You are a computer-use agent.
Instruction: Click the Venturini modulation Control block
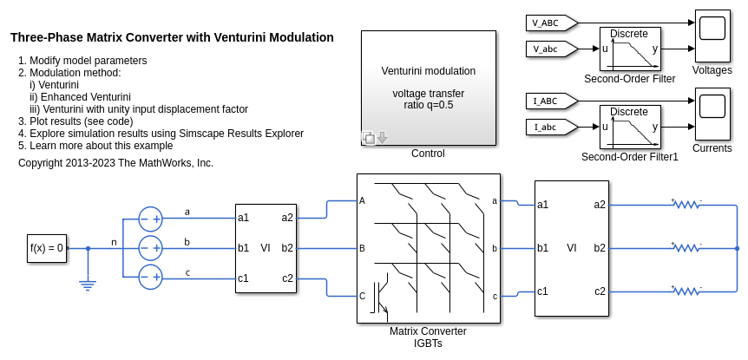click(428, 88)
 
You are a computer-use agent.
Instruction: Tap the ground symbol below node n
click(88, 283)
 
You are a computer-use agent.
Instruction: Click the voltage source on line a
click(151, 219)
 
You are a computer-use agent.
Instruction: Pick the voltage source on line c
click(151, 278)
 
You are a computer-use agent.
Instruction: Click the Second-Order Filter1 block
click(630, 128)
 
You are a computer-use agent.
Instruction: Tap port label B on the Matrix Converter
click(362, 248)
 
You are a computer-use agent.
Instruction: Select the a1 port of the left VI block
click(244, 218)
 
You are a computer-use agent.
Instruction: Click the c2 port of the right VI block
click(600, 291)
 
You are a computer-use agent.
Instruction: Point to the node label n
click(113, 242)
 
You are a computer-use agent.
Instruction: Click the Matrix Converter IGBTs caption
click(428, 337)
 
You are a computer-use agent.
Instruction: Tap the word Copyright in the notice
click(41, 162)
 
